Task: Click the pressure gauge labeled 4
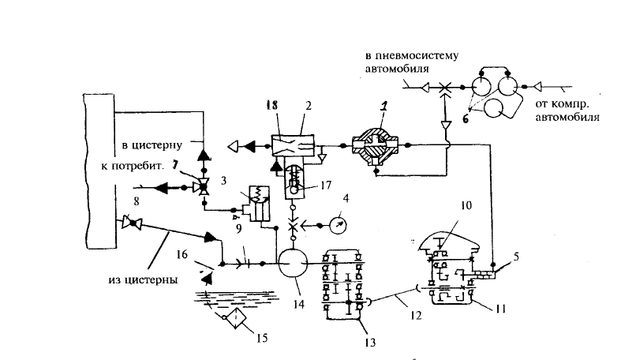pos(338,225)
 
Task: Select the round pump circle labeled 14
pos(292,263)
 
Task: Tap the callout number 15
pos(262,337)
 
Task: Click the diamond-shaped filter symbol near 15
pos(236,317)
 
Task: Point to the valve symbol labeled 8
pos(133,222)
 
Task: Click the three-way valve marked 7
pos(202,187)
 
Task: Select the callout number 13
pos(370,343)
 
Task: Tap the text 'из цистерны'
pos(143,279)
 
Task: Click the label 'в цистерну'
pos(152,145)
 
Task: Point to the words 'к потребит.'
pos(133,166)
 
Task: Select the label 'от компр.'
pos(562,104)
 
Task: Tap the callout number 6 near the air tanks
pos(466,119)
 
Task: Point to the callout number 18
pos(272,105)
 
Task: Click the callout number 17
pos(326,185)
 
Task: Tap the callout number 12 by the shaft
pos(416,315)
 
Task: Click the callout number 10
pos(466,205)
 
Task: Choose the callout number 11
pos(501,309)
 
